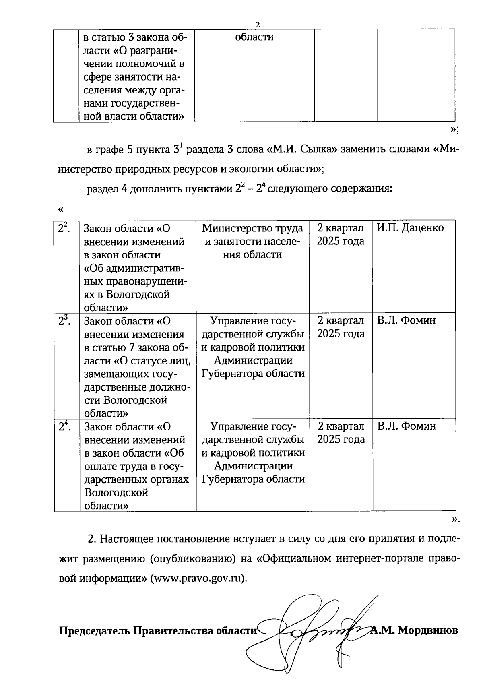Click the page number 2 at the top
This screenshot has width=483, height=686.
click(258, 25)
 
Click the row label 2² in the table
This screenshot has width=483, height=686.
click(63, 228)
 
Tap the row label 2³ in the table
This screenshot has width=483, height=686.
click(63, 321)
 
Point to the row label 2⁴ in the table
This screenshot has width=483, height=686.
click(63, 426)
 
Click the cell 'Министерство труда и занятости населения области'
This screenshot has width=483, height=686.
click(253, 241)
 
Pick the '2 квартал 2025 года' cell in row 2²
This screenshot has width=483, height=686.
click(341, 235)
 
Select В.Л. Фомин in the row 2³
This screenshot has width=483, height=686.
click(406, 321)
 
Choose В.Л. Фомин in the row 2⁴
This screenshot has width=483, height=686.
click(406, 426)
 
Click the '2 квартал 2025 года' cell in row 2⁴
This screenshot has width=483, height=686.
click(341, 433)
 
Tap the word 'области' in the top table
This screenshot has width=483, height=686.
click(254, 37)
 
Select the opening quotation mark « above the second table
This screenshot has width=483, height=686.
click(61, 209)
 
